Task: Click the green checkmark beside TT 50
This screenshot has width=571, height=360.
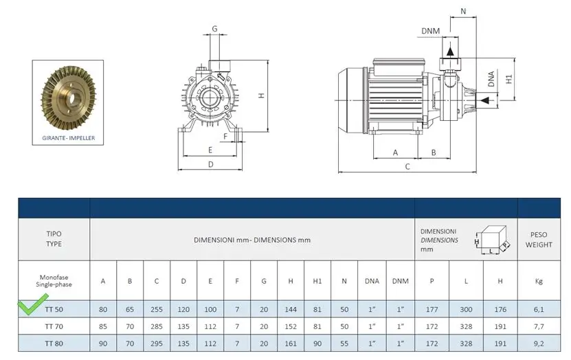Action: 33,304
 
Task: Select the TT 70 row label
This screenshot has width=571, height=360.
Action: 54,326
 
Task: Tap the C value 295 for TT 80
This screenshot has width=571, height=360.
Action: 157,344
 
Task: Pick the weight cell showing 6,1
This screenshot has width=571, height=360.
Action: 539,309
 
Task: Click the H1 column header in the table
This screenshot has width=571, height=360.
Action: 317,281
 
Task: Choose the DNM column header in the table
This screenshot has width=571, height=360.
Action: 400,281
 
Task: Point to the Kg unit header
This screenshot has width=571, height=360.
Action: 539,281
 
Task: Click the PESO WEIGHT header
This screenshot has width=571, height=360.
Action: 539,240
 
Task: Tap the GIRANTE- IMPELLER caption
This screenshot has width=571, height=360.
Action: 69,138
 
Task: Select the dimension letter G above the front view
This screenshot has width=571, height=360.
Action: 214,28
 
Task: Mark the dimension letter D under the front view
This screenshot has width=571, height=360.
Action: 210,164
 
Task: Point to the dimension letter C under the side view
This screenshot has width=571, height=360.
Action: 407,167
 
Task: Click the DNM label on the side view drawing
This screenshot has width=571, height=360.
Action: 430,31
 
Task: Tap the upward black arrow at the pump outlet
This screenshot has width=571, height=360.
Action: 451,52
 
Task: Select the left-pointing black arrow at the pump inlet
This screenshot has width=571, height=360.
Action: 484,100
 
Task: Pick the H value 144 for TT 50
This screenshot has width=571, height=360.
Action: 291,309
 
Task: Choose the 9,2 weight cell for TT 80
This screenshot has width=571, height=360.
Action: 539,344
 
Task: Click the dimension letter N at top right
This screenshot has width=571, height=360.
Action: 463,11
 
